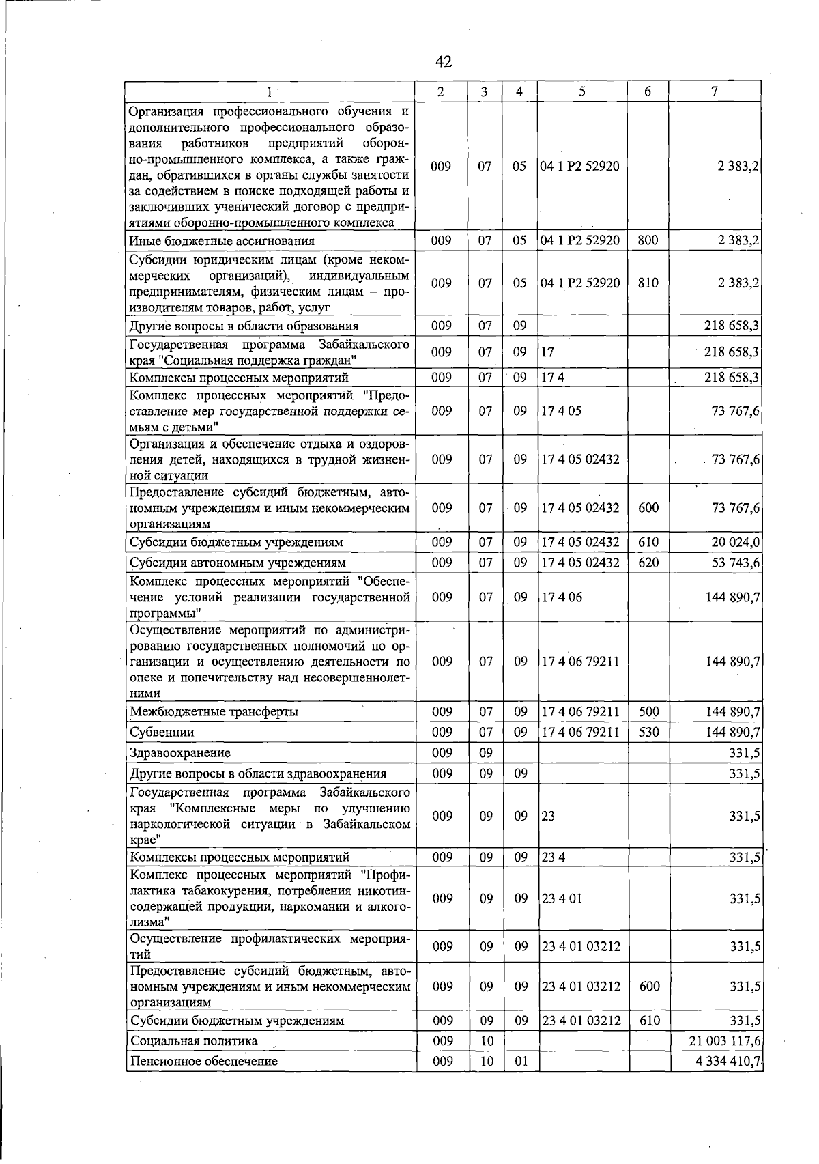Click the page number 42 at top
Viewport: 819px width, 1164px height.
[443, 62]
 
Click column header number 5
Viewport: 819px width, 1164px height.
[582, 91]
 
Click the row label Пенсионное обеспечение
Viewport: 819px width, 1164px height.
[203, 1061]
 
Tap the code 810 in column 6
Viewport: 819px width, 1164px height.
[648, 282]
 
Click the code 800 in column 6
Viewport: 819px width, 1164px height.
[648, 240]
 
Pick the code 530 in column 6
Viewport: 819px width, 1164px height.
[648, 732]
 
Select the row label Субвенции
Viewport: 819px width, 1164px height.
[162, 732]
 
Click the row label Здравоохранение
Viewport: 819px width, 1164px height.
[180, 752]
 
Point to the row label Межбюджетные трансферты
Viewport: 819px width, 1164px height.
[214, 711]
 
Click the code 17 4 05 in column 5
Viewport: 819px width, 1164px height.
[561, 411]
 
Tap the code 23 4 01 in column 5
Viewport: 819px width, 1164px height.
[562, 898]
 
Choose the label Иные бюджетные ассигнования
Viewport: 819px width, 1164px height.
[222, 240]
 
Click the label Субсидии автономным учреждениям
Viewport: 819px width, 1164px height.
[238, 563]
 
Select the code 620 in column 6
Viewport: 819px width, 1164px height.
[648, 563]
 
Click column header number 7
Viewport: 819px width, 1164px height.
[714, 91]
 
